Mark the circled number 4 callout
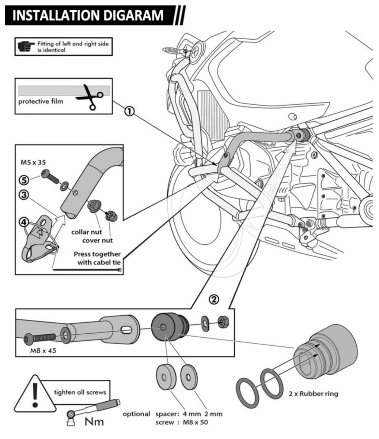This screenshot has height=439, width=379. (23, 221)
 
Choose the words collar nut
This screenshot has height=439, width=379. (87, 232)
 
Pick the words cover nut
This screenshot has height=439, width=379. (97, 240)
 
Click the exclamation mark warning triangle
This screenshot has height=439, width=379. (35, 394)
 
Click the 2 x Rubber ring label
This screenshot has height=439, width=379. (313, 394)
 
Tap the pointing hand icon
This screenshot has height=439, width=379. (26, 46)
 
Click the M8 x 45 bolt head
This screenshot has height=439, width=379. (28, 339)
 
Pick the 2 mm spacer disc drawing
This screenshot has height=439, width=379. (189, 376)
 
